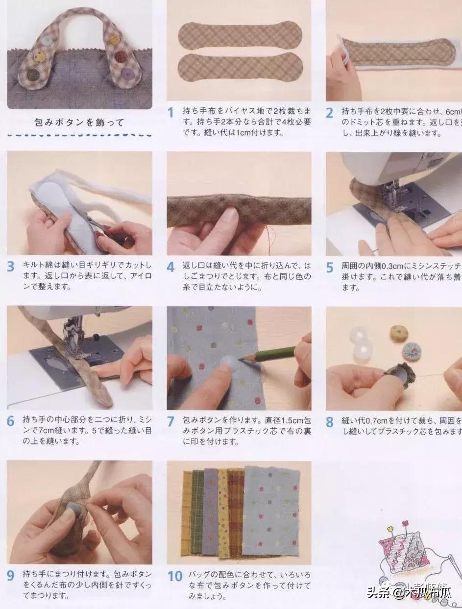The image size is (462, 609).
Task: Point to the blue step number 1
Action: coord(170,112)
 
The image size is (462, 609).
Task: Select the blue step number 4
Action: coord(170,267)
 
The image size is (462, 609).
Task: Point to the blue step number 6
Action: coord(10,421)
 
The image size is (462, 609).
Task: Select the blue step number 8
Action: coord(330,421)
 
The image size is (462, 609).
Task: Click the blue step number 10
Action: coord(175,576)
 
